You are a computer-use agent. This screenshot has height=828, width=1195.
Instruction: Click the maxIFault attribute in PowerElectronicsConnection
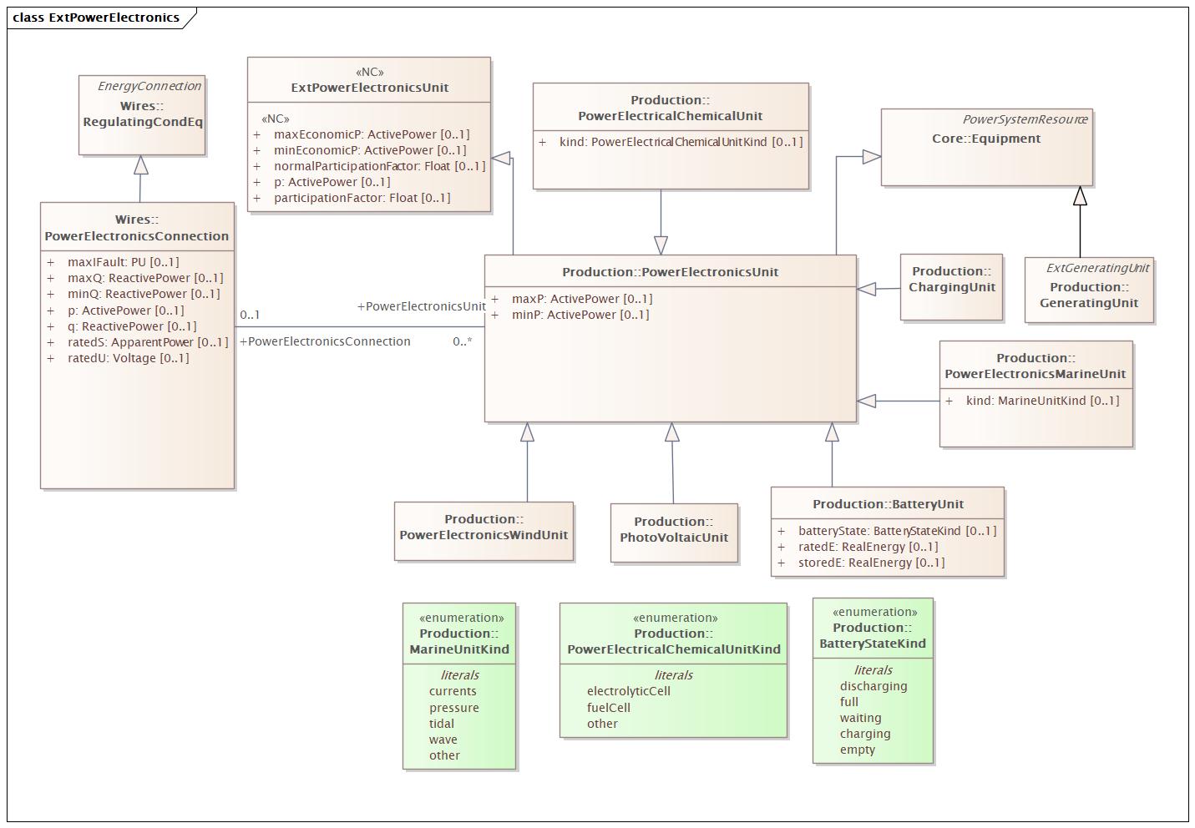pos(123,262)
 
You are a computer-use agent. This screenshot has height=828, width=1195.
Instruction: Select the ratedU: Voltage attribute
pos(128,358)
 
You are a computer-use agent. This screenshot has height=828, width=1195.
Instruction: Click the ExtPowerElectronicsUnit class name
pos(369,88)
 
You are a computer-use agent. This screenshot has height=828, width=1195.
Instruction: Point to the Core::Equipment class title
pos(985,139)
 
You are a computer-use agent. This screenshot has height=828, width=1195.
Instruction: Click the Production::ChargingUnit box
pos(951,287)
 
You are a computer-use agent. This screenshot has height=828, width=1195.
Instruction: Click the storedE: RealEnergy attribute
pos(871,563)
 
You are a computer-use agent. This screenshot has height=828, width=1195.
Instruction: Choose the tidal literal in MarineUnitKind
pos(442,724)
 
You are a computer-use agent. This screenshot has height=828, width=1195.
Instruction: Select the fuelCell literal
pos(608,708)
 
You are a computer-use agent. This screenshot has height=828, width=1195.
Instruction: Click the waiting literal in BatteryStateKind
pos(860,718)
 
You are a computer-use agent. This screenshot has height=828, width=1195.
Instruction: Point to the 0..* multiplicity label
pos(463,341)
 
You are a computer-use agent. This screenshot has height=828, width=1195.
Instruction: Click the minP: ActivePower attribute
pos(580,315)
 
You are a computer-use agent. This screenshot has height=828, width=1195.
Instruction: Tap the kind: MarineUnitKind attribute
pos(1041,401)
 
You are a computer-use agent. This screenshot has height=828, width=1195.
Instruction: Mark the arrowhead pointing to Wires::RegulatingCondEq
pos(141,165)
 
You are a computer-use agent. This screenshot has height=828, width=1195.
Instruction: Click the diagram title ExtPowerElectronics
pos(96,18)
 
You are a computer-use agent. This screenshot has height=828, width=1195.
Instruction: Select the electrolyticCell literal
pos(628,691)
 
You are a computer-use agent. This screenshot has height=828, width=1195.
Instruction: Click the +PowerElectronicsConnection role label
pos(325,341)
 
